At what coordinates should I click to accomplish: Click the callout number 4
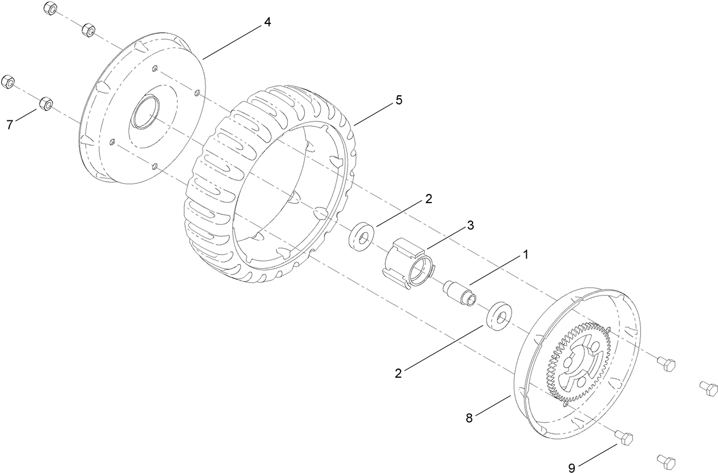pos(267,22)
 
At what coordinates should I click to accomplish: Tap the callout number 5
pos(398,100)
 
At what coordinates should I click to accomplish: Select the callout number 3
pos(470,225)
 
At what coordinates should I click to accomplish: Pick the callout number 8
pos(469,418)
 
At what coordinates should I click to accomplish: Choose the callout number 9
pos(572,467)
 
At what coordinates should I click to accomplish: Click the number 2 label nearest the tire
pos(428,199)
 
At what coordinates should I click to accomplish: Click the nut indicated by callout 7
pos(46,104)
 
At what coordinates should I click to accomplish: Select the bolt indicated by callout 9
pos(623,439)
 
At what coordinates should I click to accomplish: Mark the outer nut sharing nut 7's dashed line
pos(8,81)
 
